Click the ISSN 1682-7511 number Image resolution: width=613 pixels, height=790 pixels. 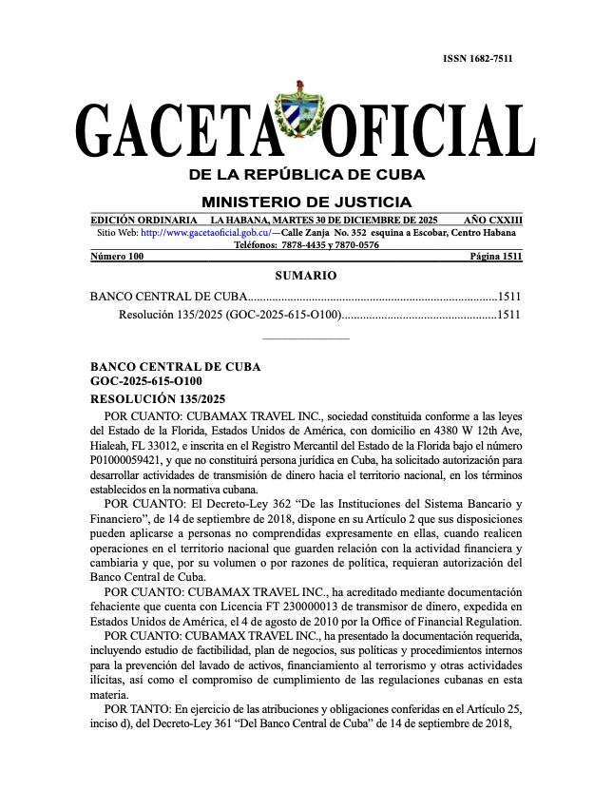point(478,59)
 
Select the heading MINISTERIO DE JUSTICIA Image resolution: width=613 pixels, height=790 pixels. point(306,202)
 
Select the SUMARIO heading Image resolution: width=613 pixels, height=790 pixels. point(305,276)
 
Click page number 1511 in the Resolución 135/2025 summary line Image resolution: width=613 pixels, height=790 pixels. point(509,315)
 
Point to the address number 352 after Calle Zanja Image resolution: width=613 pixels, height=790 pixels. point(338,233)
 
